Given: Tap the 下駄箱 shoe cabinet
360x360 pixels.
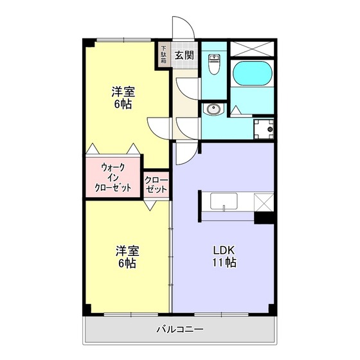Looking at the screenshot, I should click(164, 55).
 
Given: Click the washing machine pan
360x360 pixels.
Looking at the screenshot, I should click(264, 129).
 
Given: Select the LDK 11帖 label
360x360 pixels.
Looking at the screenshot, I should click(225, 256).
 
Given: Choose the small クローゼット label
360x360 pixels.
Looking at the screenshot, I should click(156, 184).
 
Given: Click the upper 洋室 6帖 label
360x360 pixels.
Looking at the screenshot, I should click(123, 98).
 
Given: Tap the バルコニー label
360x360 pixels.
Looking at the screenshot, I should click(181, 330).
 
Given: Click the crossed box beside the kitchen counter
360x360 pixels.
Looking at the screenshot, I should click(264, 202).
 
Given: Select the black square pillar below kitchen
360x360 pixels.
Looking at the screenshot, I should click(264, 217).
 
